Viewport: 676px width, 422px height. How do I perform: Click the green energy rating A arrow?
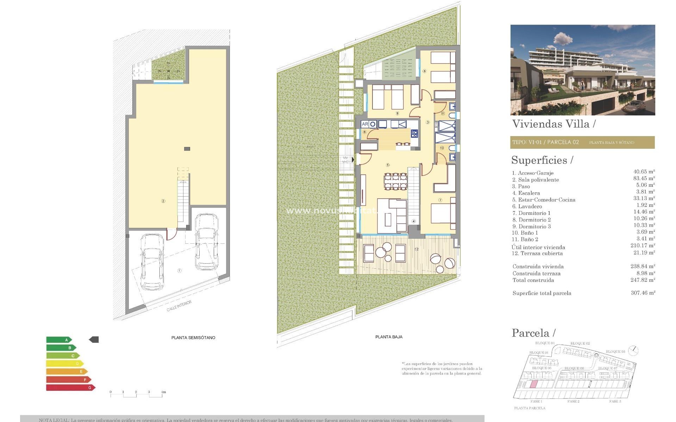tap(59, 340)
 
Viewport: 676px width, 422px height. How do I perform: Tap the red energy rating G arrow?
tap(70, 388)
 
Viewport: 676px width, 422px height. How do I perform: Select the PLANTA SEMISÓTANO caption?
tap(193, 338)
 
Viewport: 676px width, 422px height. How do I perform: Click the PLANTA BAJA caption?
tap(389, 337)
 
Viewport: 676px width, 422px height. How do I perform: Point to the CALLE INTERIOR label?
tap(179, 306)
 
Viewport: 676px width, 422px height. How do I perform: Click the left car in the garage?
tap(152, 261)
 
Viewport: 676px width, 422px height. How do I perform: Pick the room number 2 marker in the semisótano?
tap(163, 201)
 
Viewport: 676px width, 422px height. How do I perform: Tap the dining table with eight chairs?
tap(396, 181)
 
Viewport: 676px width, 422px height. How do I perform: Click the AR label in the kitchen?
tap(365, 124)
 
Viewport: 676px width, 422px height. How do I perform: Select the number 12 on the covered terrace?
tap(417, 249)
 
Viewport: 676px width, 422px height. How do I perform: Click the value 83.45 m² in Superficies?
tap(644, 178)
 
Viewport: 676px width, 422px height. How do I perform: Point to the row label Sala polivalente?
tap(538, 180)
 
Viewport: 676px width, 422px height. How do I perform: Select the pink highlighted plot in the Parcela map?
tap(534, 384)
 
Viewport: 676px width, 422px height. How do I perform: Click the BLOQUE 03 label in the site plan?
tap(615, 352)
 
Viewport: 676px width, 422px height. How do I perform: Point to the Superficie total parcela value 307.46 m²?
tap(643, 293)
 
